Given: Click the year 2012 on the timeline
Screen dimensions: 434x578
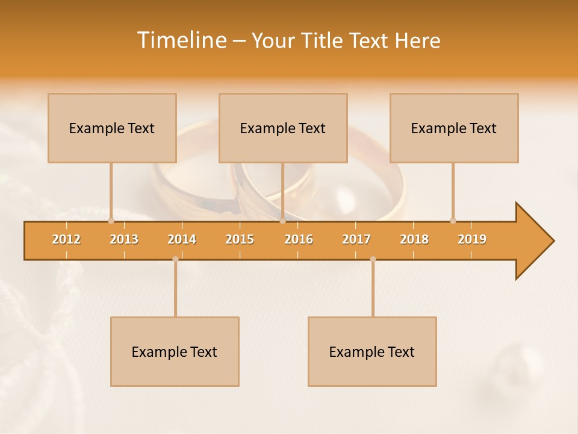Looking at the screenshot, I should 66,239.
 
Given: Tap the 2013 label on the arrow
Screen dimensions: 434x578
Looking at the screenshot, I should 124,239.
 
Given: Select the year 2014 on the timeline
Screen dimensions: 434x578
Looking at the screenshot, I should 182,239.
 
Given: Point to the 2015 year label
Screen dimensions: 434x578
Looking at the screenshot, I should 240,239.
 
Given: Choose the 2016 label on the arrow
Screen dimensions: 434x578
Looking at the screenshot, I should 299,239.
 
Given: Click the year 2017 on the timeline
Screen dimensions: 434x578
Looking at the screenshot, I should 356,239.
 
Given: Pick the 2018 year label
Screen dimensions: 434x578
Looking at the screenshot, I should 414,239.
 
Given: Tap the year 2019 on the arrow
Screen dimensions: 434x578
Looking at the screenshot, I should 472,239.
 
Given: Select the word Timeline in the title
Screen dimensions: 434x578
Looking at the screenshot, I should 180,40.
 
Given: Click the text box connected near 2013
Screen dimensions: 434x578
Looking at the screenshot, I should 112,128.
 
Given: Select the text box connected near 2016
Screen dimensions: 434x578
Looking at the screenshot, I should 283,128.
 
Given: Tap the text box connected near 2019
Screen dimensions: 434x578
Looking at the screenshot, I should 454,128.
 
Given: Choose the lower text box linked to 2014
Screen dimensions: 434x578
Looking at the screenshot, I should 175,351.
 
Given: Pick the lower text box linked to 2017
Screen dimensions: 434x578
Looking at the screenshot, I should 372,351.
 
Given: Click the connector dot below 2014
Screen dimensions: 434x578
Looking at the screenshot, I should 175,259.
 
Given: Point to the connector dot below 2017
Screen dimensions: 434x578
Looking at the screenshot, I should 373,259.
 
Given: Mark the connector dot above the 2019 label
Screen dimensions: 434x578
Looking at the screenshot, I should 453,221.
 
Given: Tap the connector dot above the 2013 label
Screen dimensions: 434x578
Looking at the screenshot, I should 111,221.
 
